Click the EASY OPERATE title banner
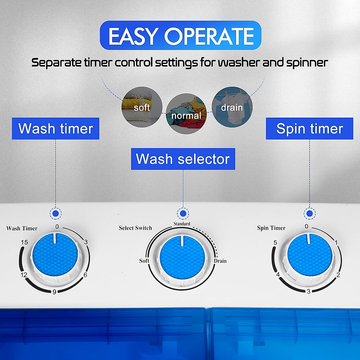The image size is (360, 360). click(x=181, y=36)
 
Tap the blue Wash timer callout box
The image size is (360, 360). click(x=55, y=128)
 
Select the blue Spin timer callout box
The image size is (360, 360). click(x=309, y=128)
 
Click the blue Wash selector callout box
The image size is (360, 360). click(x=183, y=159)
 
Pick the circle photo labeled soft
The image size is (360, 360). click(x=142, y=107)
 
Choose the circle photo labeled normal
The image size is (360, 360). click(x=186, y=114)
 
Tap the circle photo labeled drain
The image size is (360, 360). click(x=232, y=107)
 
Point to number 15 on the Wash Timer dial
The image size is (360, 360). click(x=24, y=242)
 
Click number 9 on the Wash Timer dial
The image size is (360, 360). click(x=54, y=292)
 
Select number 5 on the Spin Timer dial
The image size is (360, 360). click(x=275, y=242)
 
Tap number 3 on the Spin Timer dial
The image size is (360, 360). click(x=308, y=291)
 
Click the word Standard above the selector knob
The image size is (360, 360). click(x=182, y=224)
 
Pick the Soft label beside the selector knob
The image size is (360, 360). click(x=144, y=261)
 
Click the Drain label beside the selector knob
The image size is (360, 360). click(x=220, y=261)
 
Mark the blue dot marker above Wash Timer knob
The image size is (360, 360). click(x=55, y=214)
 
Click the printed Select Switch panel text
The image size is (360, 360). click(x=135, y=228)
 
